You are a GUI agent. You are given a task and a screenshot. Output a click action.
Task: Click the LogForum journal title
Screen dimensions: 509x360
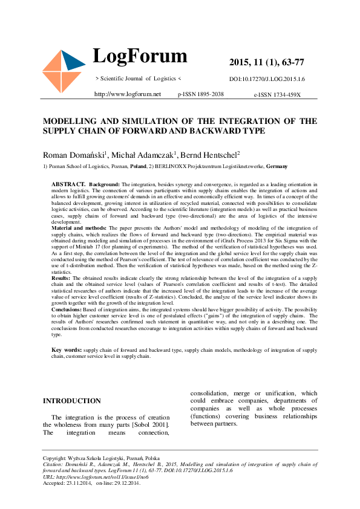(140, 56)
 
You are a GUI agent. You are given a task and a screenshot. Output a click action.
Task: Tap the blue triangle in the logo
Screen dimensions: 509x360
(74, 60)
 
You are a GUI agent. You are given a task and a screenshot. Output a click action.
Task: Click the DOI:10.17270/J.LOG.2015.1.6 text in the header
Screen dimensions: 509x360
(267, 79)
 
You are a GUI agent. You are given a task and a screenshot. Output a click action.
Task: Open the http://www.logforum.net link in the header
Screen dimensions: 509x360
(127, 94)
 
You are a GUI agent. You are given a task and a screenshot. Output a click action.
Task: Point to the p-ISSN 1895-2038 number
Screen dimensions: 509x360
(200, 94)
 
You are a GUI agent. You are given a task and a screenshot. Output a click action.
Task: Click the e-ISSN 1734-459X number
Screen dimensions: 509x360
(277, 95)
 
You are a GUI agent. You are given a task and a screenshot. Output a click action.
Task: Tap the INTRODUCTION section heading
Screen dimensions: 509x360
(72, 401)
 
